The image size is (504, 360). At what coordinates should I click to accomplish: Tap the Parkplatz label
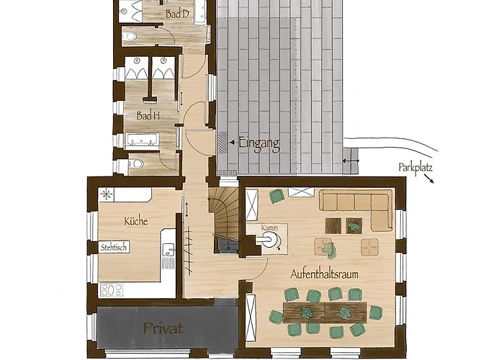pos(415,168)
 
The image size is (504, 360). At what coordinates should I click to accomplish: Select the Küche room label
pos(135,221)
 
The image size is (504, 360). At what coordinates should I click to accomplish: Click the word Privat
pos(163,328)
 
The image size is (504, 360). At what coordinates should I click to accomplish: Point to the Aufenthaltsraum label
pos(324,274)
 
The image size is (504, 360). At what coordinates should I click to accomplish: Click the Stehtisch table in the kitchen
pos(114,247)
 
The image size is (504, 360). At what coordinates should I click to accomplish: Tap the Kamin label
pos(269,228)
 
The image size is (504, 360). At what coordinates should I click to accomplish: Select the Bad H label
pos(148,115)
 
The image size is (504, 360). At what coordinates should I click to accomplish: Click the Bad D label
pos(177,14)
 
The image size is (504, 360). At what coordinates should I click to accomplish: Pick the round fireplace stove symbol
pos(269,240)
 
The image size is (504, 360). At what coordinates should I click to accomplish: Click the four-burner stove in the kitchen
pos(112,290)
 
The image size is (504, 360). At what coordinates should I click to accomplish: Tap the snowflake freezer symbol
pos(107,194)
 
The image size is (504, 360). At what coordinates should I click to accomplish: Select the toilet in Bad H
pos(136,164)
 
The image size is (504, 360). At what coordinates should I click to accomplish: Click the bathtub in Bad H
pos(142,140)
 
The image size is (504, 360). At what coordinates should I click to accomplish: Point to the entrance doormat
pos(222,142)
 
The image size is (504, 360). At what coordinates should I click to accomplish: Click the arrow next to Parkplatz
pos(429,179)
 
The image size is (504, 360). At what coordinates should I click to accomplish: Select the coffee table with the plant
pos(354,225)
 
